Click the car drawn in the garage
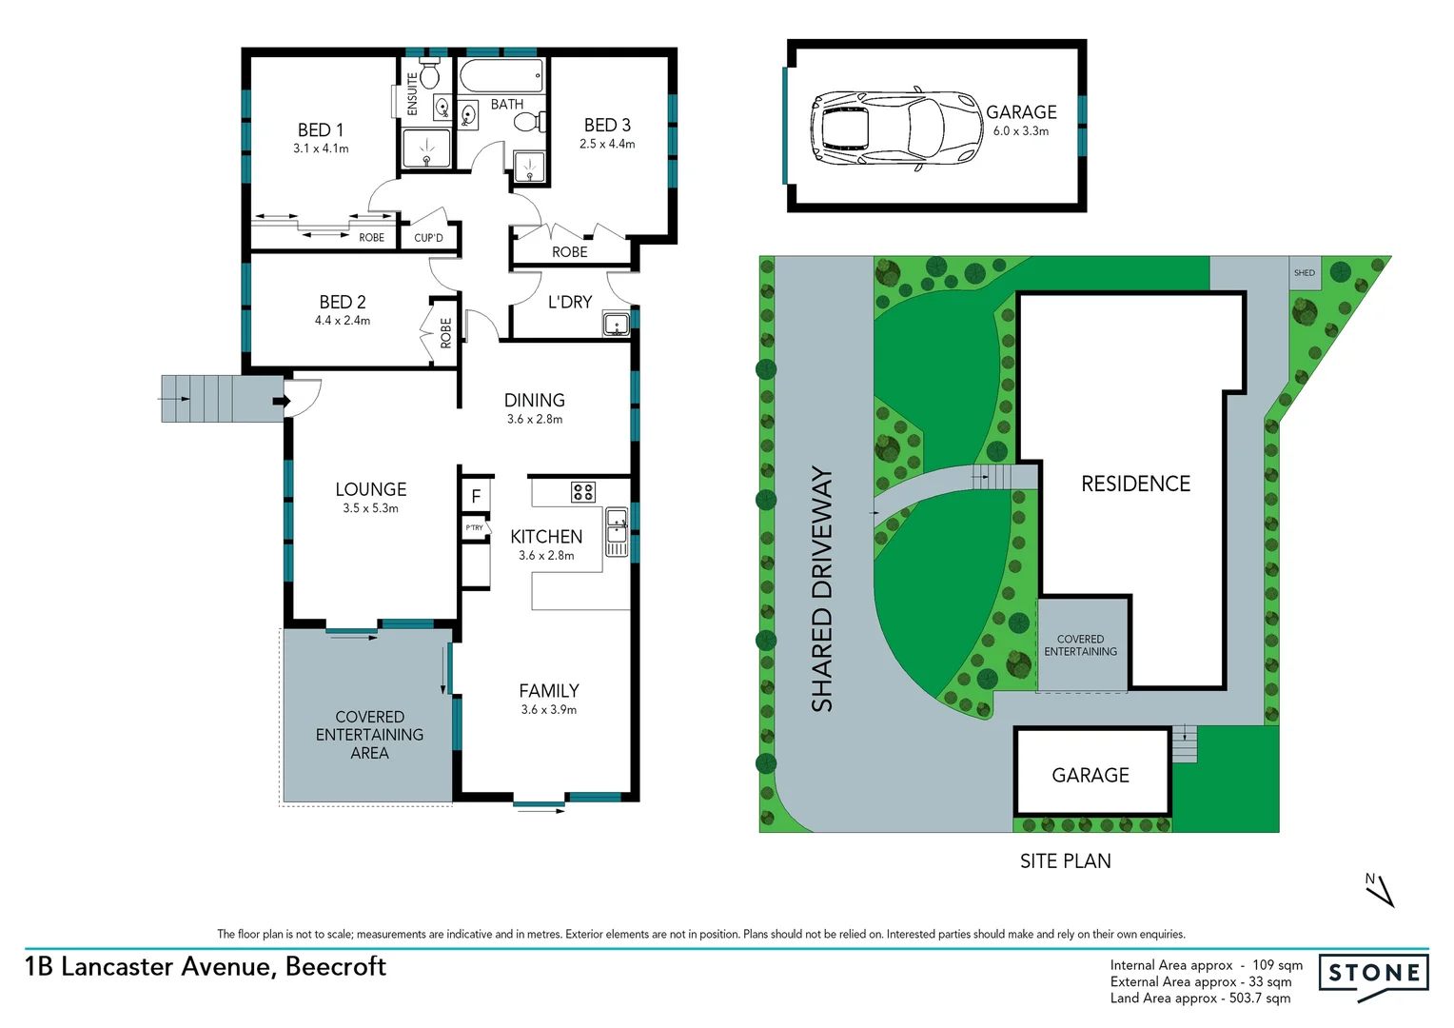pyautogui.click(x=895, y=129)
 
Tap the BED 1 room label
pyautogui.click(x=321, y=129)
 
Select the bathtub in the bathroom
pyautogui.click(x=501, y=75)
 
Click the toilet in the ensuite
pyautogui.click(x=429, y=73)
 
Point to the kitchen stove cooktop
pyautogui.click(x=582, y=492)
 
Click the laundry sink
pyautogui.click(x=616, y=326)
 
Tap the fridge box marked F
pyautogui.click(x=476, y=496)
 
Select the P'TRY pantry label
pyautogui.click(x=474, y=527)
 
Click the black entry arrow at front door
pyautogui.click(x=282, y=402)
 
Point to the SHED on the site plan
pyautogui.click(x=1304, y=273)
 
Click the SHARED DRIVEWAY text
pyautogui.click(x=821, y=588)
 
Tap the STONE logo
pyautogui.click(x=1373, y=975)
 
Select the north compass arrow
pyautogui.click(x=1381, y=891)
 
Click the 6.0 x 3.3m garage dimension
pyautogui.click(x=1020, y=131)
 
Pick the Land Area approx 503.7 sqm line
pyautogui.click(x=1200, y=998)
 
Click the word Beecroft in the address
pyautogui.click(x=336, y=966)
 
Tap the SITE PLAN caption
pyautogui.click(x=1065, y=861)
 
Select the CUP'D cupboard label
pyautogui.click(x=428, y=238)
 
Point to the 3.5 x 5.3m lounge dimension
pyautogui.click(x=370, y=508)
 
